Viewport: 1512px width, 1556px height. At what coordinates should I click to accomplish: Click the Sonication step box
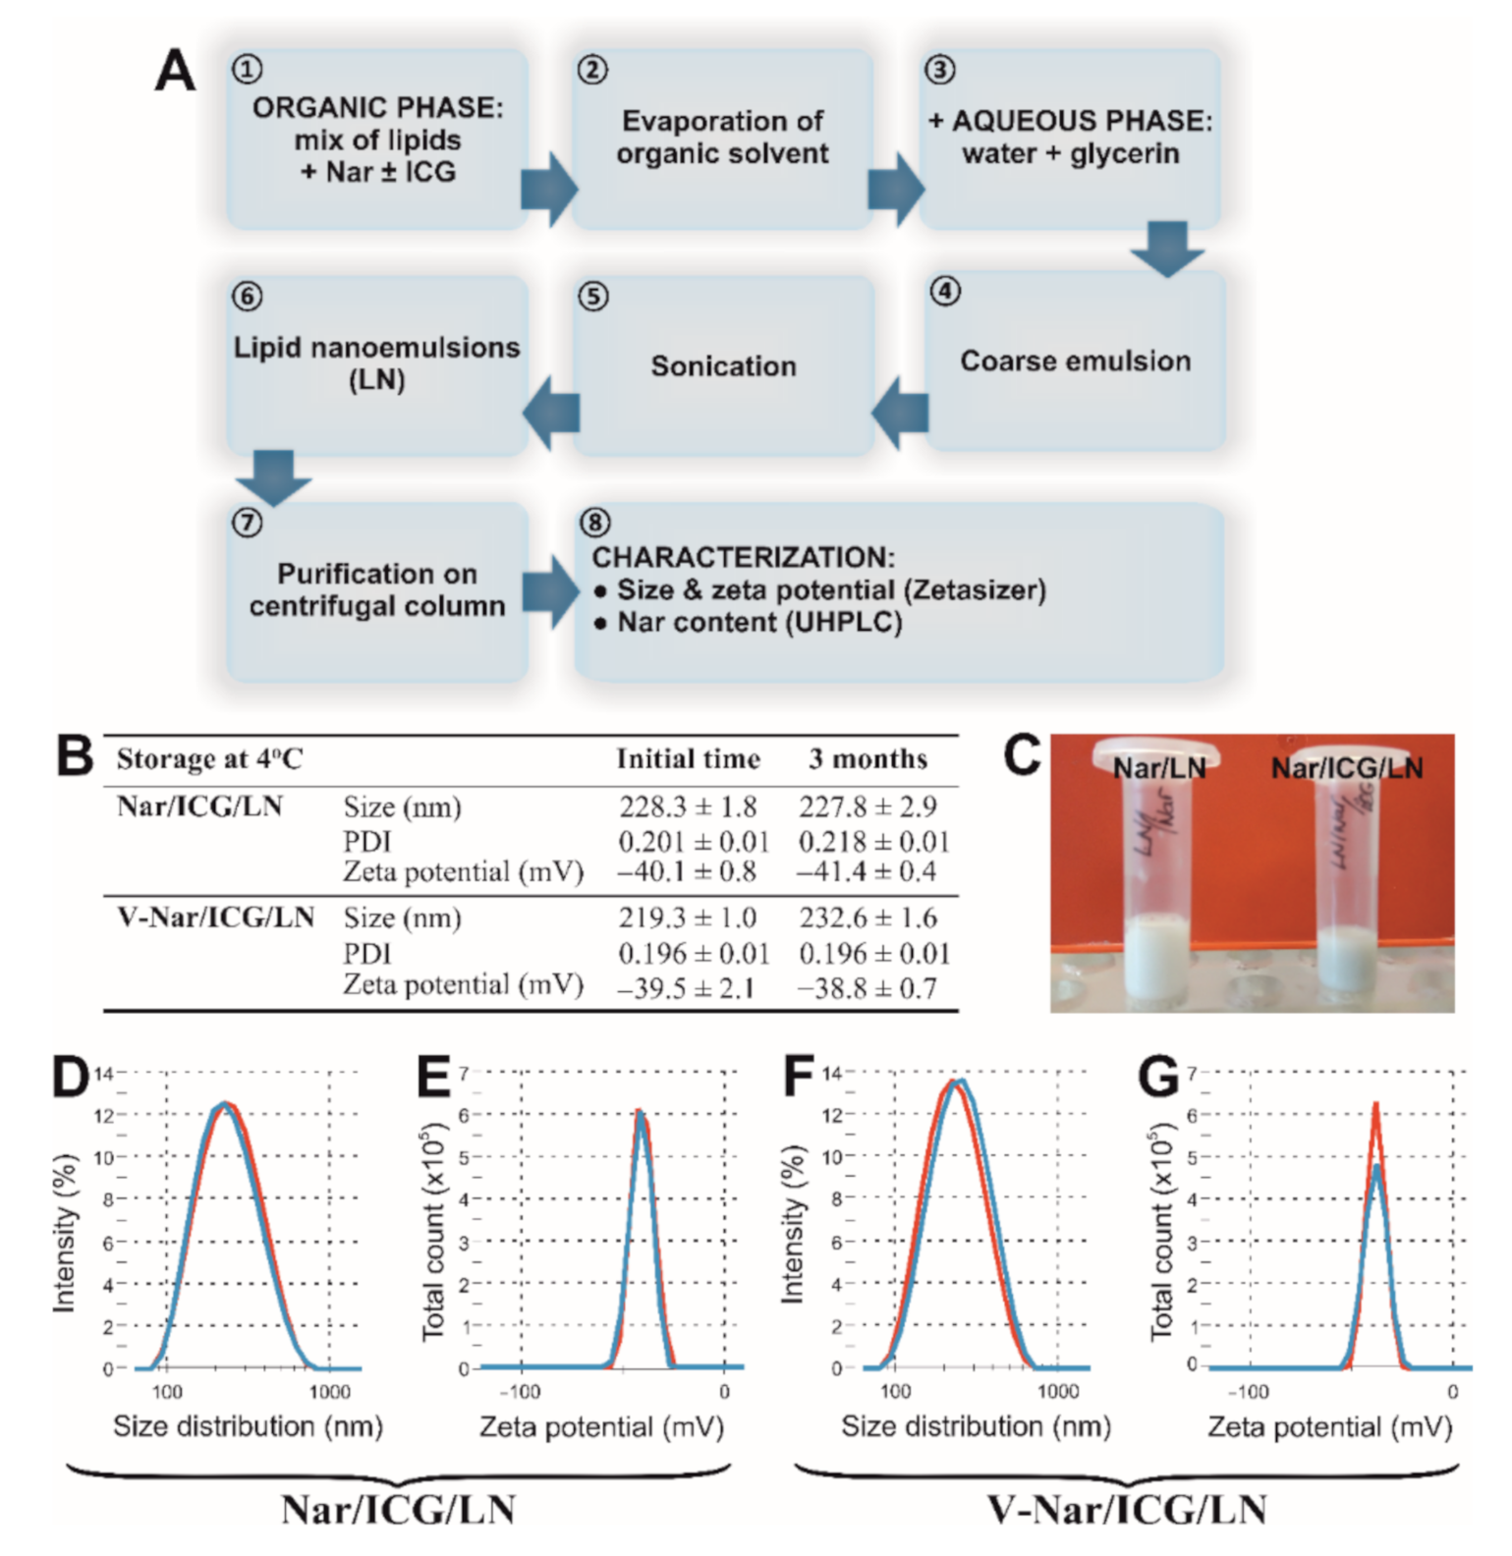point(723,365)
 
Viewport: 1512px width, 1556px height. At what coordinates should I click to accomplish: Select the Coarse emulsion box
point(1075,361)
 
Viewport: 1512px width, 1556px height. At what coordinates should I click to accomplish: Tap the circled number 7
point(247,522)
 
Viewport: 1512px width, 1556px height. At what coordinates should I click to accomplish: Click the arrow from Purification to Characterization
point(550,591)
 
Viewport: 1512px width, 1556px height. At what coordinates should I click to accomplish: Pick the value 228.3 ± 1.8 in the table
point(688,807)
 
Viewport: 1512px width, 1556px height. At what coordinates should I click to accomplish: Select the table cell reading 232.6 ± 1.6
point(868,918)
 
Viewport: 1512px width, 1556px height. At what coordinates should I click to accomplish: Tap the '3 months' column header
point(868,759)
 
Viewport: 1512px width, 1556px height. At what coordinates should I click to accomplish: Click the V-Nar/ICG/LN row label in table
point(215,918)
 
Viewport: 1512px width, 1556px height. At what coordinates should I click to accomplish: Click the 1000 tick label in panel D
point(329,1392)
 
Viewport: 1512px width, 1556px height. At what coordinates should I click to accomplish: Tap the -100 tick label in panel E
point(520,1392)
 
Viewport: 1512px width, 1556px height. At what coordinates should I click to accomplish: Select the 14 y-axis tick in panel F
point(831,1073)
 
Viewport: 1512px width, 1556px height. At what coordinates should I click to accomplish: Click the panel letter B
point(74,758)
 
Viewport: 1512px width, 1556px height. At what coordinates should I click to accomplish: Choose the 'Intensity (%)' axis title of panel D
point(64,1234)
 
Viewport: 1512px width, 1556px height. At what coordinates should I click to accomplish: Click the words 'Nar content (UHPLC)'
point(758,623)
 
